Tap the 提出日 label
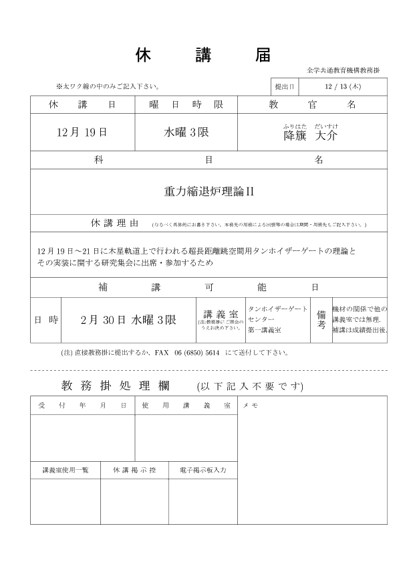(x=284, y=86)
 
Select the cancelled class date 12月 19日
(x=82, y=132)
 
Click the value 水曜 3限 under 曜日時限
(x=186, y=132)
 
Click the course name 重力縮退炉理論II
(x=209, y=191)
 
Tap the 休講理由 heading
(x=114, y=223)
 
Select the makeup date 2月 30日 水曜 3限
(x=128, y=320)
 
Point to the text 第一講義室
(x=264, y=330)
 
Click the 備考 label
(x=321, y=319)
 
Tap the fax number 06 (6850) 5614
(x=197, y=352)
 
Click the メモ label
(x=251, y=406)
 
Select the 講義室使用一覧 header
(x=65, y=470)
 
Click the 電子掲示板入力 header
(x=202, y=470)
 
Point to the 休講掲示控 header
(x=134, y=470)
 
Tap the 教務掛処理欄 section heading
(x=115, y=386)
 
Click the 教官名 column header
(x=312, y=105)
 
